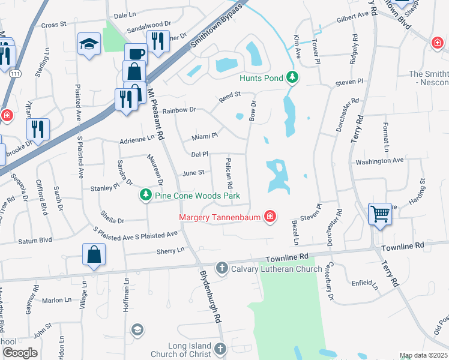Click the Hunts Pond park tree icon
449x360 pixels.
(x=292, y=77)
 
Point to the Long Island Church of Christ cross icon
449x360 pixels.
(x=221, y=349)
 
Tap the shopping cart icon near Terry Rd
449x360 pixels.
(x=380, y=214)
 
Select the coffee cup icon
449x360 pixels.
(x=135, y=53)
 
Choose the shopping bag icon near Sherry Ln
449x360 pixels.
(x=95, y=254)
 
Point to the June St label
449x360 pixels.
(x=193, y=173)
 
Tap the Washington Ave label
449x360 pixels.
(x=379, y=161)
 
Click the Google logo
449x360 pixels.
(x=20, y=352)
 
